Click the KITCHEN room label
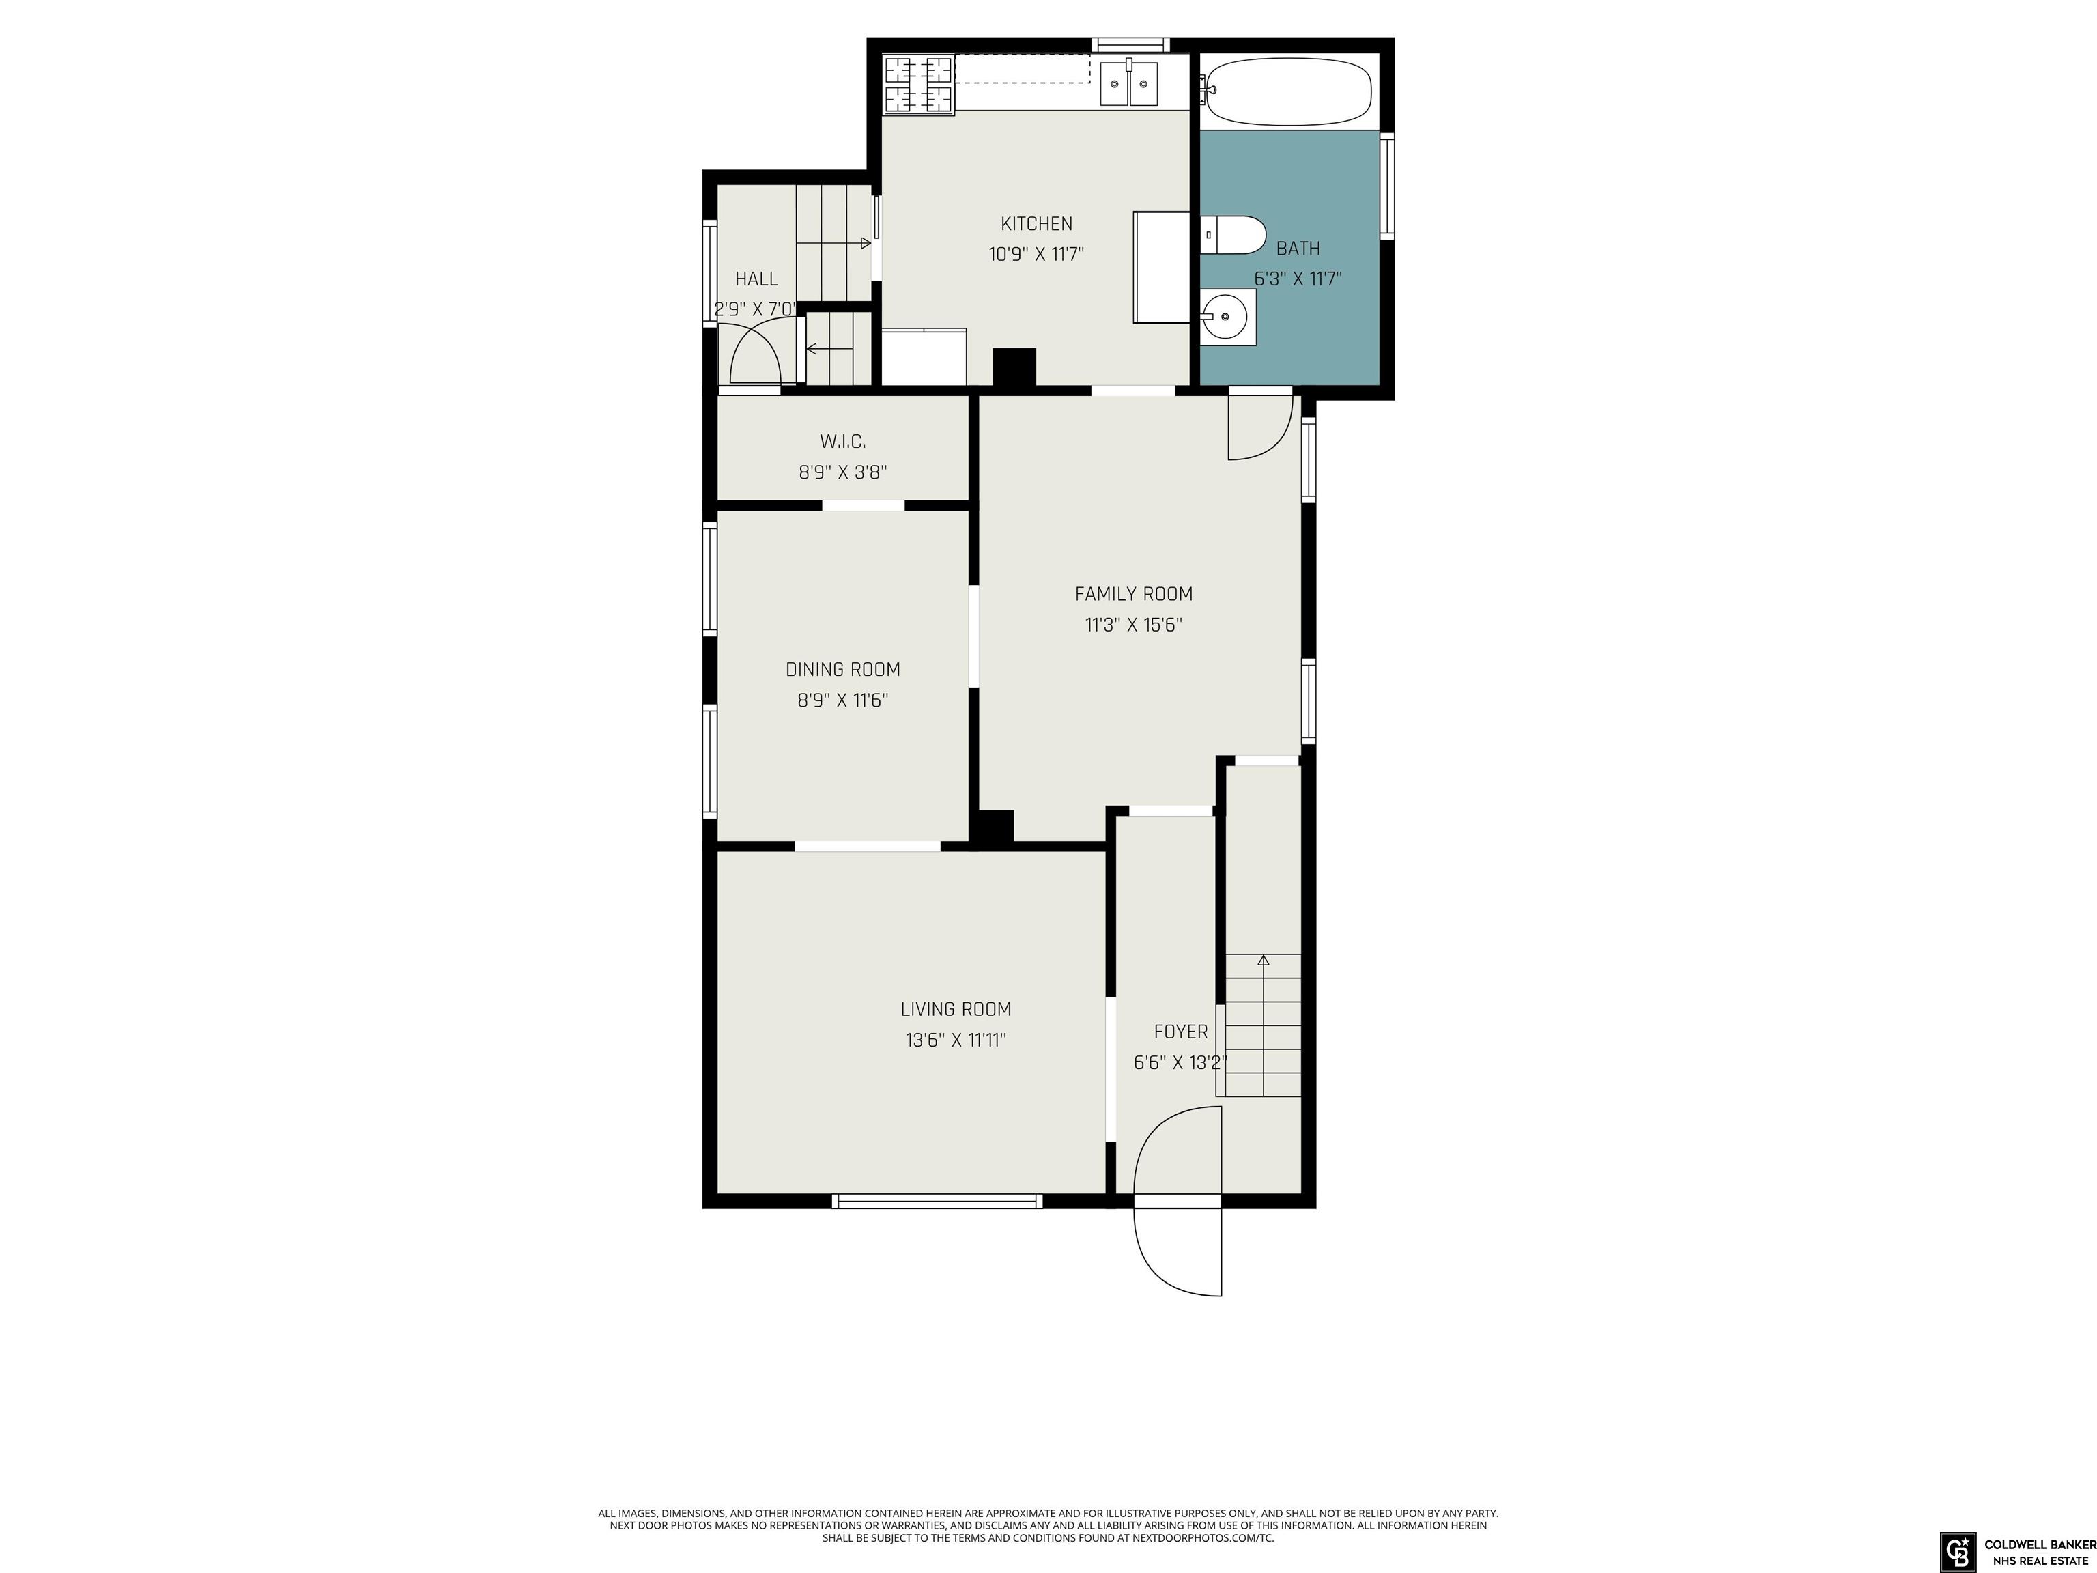(1036, 224)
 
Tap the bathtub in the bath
(1287, 92)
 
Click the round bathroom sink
(1227, 317)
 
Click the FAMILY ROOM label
(1133, 593)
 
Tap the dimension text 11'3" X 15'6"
(1133, 625)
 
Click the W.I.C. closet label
(843, 441)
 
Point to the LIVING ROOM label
(956, 1009)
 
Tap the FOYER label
(1180, 1032)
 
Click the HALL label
(756, 279)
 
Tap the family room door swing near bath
(1280, 442)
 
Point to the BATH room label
(1298, 249)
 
